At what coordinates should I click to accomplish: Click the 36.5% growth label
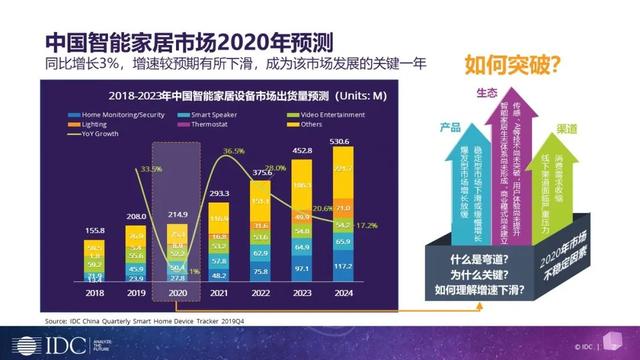click(233, 150)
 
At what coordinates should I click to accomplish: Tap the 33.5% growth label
click(153, 170)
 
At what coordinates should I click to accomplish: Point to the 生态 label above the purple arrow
click(486, 96)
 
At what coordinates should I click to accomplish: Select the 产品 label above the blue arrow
click(450, 127)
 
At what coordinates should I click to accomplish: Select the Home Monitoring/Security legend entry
click(114, 115)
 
